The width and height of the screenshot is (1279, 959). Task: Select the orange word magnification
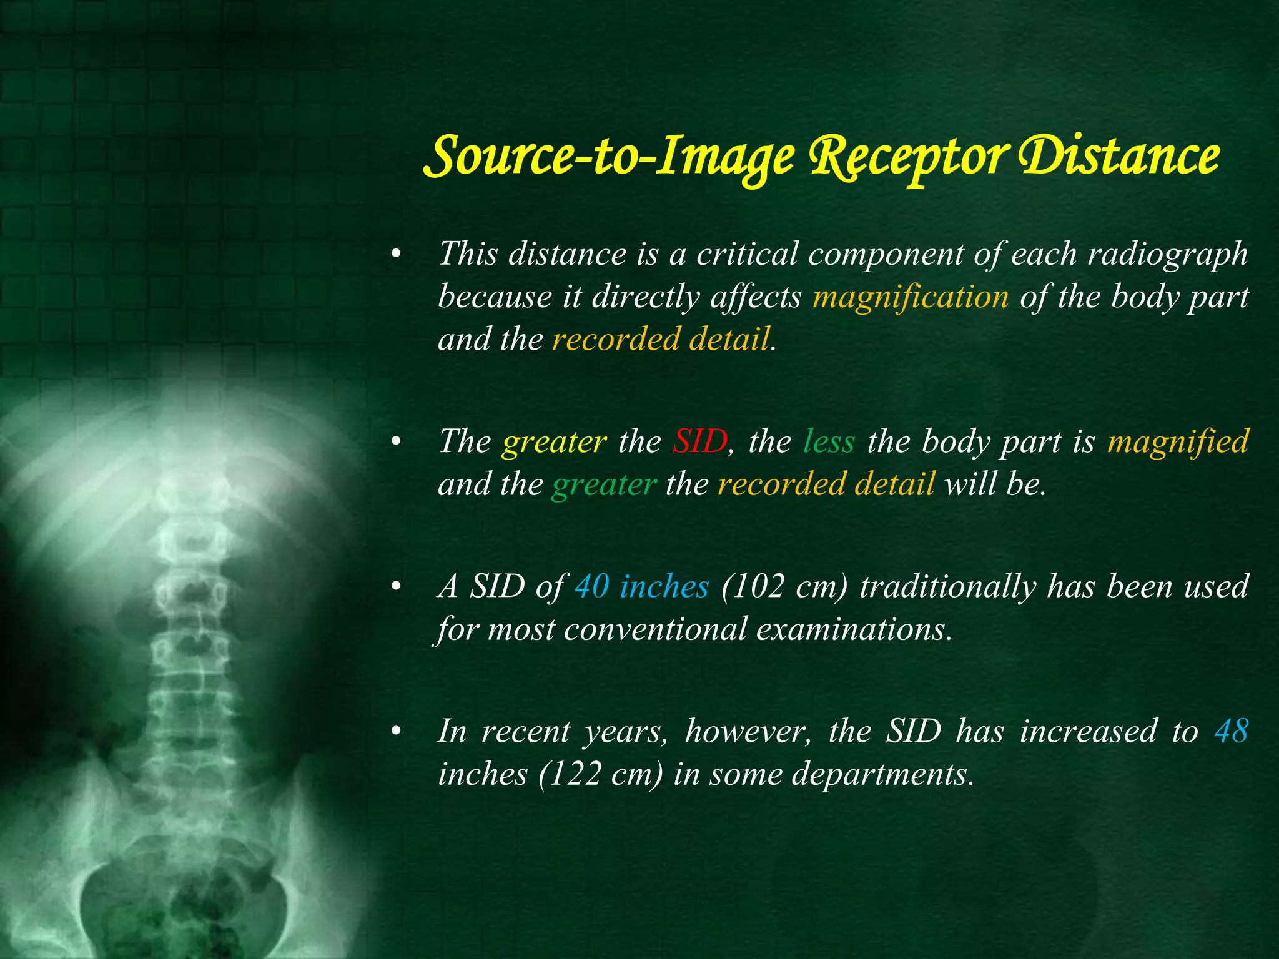(x=911, y=297)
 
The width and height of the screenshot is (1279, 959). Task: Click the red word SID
(x=699, y=442)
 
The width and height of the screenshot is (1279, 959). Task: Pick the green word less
(x=829, y=442)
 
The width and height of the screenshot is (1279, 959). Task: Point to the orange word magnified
(x=1178, y=442)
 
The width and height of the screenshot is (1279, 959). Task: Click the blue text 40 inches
(x=642, y=587)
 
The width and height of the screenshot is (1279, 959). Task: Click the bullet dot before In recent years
(x=394, y=732)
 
